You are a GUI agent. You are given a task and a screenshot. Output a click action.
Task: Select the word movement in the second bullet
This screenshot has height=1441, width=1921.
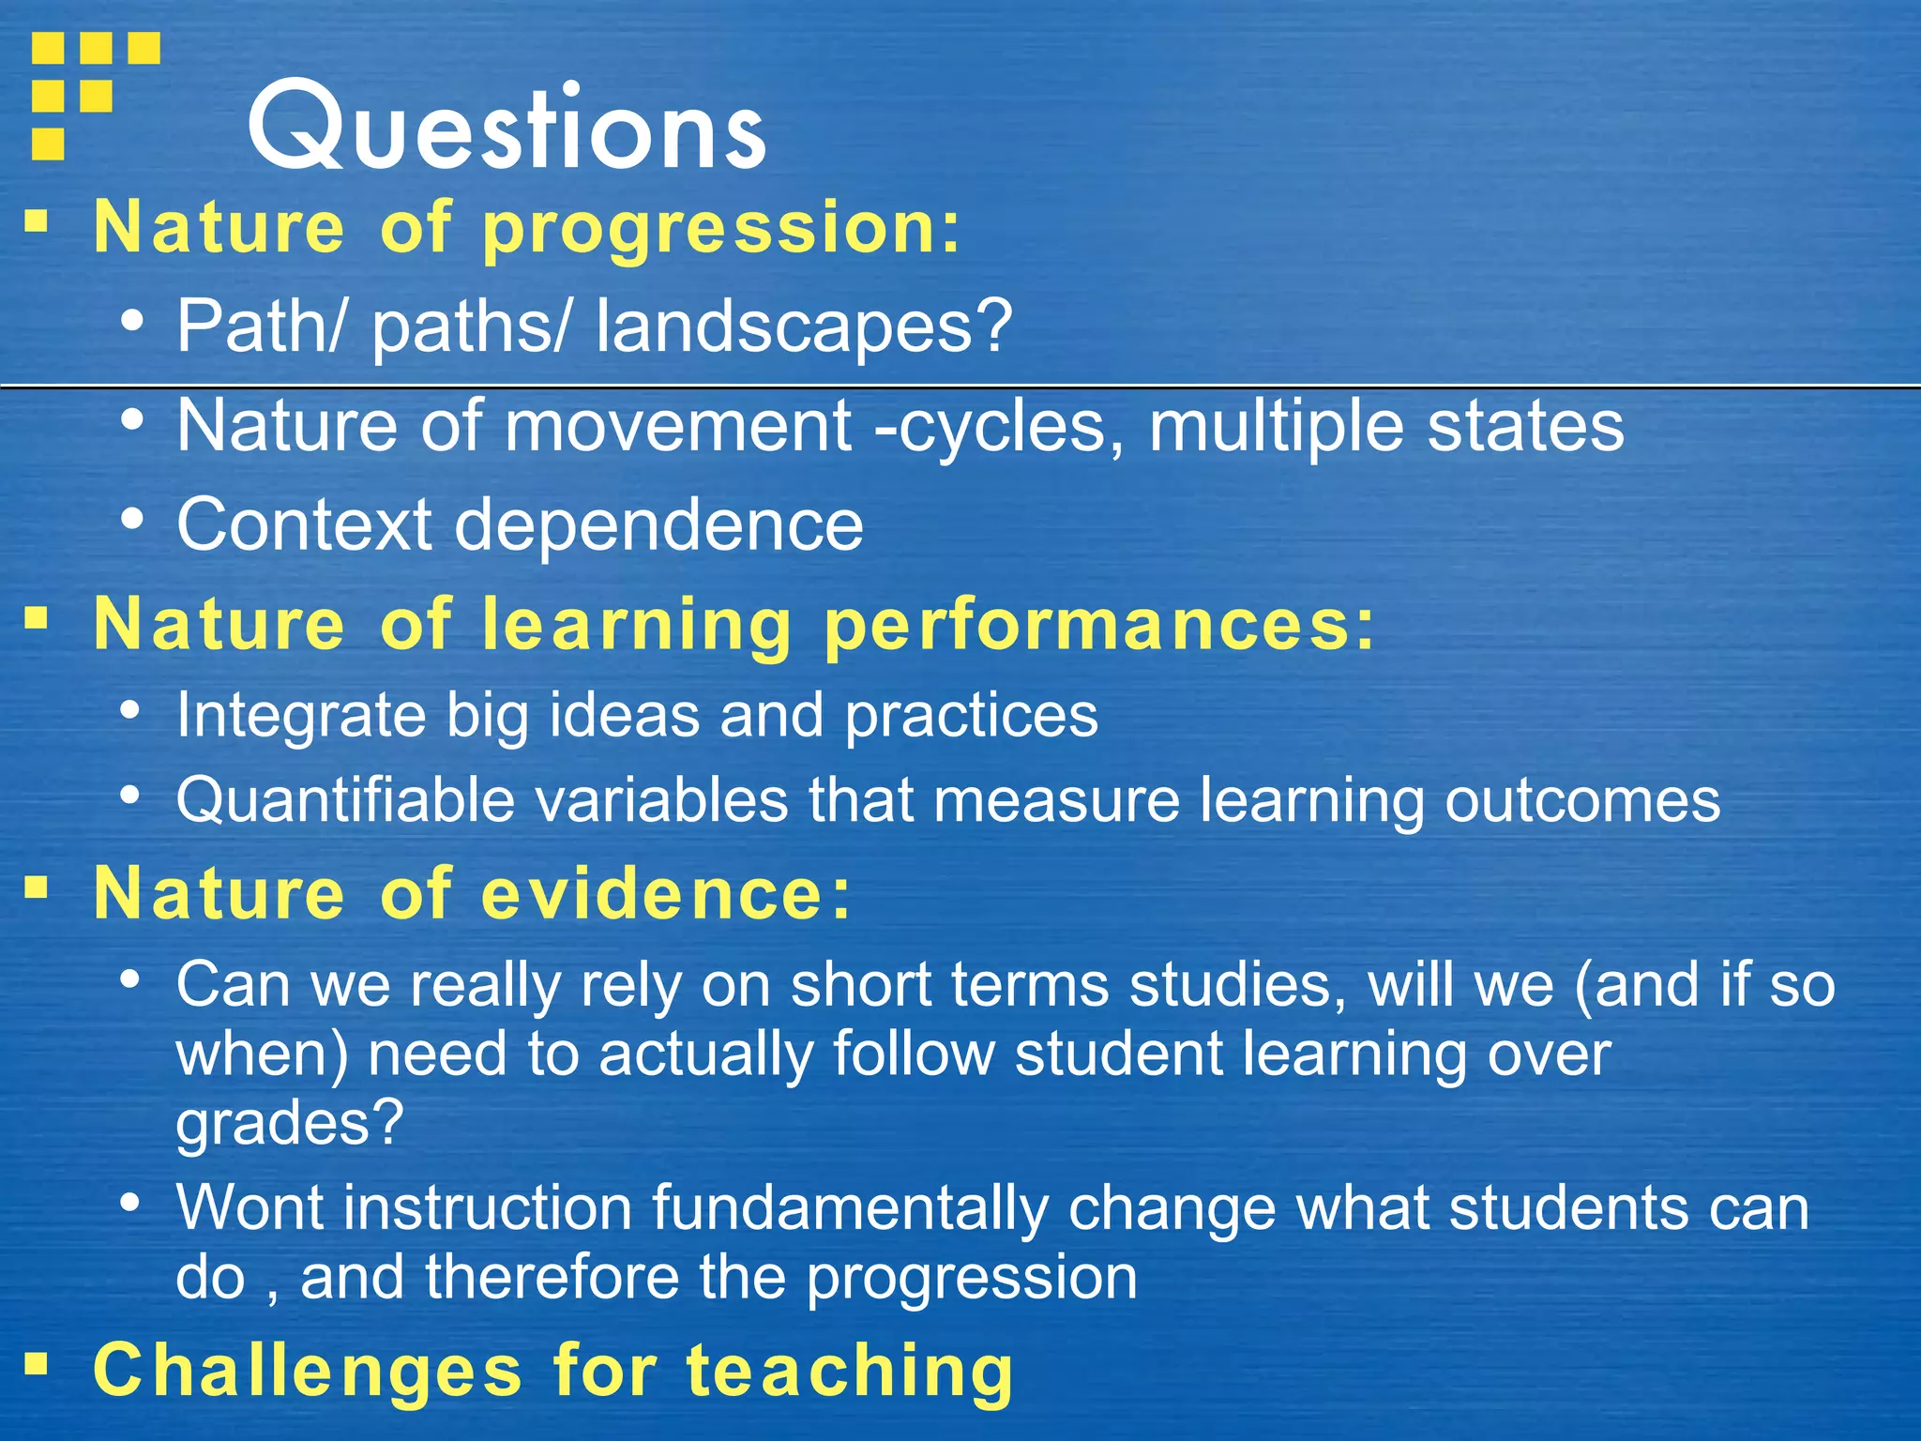click(x=678, y=426)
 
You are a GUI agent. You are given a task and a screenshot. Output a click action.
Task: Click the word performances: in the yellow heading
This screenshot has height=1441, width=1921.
click(x=1098, y=626)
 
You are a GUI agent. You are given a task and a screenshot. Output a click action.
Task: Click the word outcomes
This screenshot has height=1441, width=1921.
click(x=1581, y=801)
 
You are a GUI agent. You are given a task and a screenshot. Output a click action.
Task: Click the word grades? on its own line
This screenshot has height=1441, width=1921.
click(x=289, y=1123)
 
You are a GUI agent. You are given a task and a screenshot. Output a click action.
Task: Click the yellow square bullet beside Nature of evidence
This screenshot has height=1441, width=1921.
click(x=37, y=887)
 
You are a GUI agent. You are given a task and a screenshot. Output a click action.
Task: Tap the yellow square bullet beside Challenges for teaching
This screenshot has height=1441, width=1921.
click(x=37, y=1363)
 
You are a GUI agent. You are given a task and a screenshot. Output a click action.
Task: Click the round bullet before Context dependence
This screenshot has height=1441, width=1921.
click(x=132, y=518)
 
